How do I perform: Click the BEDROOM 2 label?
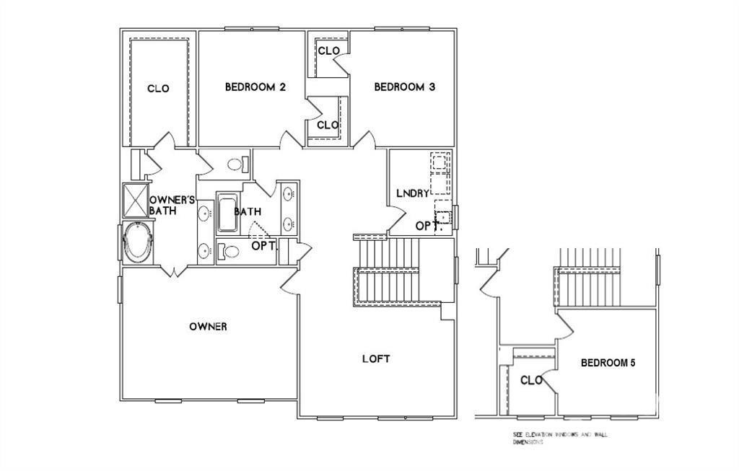point(255,87)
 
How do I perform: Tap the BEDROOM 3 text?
point(404,87)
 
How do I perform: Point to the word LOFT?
point(376,358)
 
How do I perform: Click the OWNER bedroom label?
point(208,327)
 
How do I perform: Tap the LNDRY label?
point(412,193)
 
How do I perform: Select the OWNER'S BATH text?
point(172,205)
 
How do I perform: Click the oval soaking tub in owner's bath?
point(137,243)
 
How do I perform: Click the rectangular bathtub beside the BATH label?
point(227,213)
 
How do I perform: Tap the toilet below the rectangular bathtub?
point(229,252)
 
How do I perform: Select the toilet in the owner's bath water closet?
point(235,164)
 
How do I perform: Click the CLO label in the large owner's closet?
point(158,89)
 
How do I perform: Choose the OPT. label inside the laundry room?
point(424,226)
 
